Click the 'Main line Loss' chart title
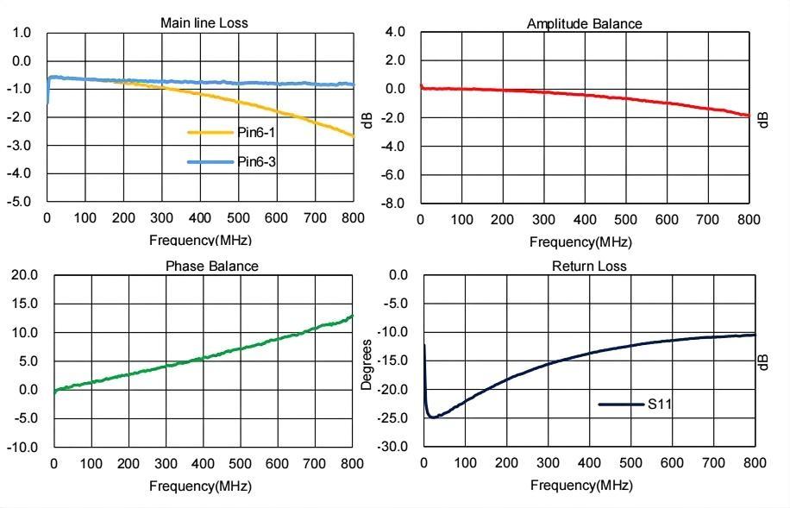204,22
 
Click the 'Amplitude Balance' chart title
584,23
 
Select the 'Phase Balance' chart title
211,266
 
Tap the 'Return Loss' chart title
589,266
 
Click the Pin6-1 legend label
257,133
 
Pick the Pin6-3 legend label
257,162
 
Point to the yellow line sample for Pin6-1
210,133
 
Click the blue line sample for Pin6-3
210,162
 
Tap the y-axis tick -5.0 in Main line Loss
20,201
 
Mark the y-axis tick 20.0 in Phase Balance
23,275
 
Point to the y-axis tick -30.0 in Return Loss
393,447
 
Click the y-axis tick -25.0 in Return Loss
393,418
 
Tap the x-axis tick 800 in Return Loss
754,463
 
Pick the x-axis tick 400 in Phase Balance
203,464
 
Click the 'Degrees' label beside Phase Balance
367,365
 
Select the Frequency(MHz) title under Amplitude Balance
580,241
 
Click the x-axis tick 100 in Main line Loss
85,218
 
